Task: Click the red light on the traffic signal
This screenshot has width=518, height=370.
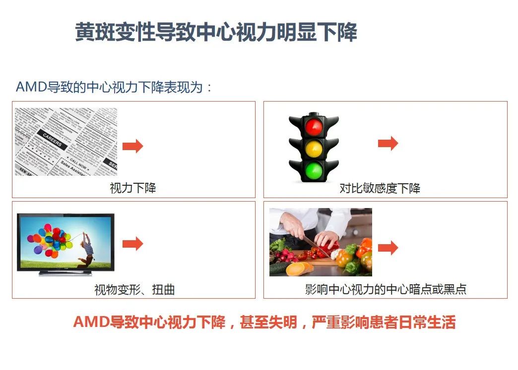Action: click(314, 127)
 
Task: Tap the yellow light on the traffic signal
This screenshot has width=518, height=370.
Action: click(314, 149)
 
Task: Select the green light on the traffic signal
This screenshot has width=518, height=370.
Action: click(314, 170)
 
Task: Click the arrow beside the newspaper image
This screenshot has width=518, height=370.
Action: click(133, 146)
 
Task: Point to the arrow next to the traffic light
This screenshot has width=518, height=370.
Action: click(388, 143)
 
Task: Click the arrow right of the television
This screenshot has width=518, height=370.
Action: click(133, 244)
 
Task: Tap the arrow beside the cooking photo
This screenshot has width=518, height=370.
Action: click(388, 248)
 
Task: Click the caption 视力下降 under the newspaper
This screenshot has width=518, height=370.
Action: click(133, 188)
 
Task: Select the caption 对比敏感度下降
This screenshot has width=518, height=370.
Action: click(380, 188)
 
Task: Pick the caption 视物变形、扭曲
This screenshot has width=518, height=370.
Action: click(134, 290)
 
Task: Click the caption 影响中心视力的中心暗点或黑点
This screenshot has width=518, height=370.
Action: click(386, 289)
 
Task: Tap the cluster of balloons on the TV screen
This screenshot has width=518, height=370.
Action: click(50, 241)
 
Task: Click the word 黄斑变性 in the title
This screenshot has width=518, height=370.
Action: click(115, 32)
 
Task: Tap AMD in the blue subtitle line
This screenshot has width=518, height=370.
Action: click(31, 87)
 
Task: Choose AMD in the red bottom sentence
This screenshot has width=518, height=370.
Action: click(91, 322)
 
